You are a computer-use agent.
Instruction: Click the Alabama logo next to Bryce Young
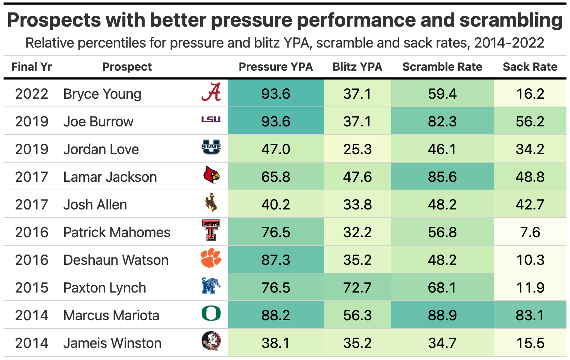point(211,92)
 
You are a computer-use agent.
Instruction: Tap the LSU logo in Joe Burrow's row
point(211,120)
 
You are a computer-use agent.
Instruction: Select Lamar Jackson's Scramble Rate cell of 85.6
point(442,177)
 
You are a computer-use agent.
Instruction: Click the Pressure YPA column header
point(276,67)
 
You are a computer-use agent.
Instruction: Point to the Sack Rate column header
point(530,67)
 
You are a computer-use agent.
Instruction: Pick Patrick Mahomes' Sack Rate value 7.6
point(530,232)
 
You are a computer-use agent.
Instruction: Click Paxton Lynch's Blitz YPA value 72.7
point(357,288)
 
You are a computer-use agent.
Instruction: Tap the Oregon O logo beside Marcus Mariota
point(211,314)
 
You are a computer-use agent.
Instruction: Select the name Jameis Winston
point(112,343)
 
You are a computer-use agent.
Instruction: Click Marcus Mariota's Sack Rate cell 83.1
point(530,315)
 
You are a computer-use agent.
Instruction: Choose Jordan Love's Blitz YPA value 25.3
point(357,149)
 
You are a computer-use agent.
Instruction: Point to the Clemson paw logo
point(211,258)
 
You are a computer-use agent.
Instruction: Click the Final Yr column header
point(32,67)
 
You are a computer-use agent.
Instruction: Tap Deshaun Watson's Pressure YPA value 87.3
point(276,260)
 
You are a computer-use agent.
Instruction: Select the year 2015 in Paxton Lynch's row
point(32,288)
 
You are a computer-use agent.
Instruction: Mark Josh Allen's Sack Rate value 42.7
point(530,204)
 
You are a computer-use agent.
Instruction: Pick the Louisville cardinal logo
point(211,175)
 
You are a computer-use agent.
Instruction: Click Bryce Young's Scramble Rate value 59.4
point(442,94)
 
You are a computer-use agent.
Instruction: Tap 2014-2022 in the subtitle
point(509,43)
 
